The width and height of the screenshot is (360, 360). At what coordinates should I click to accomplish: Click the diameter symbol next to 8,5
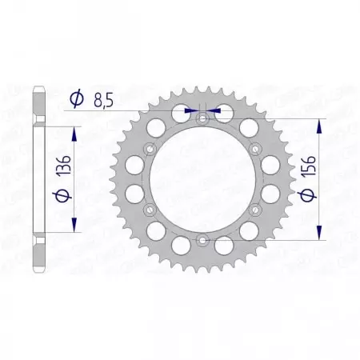click(x=78, y=99)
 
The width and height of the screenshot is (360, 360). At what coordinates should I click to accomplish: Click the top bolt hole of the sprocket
click(x=202, y=118)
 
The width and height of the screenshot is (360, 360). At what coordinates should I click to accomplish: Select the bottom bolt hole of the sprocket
click(x=202, y=240)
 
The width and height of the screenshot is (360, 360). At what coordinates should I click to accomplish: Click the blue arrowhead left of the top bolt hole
click(x=191, y=112)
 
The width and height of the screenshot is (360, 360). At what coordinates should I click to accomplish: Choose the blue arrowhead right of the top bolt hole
click(x=214, y=112)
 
